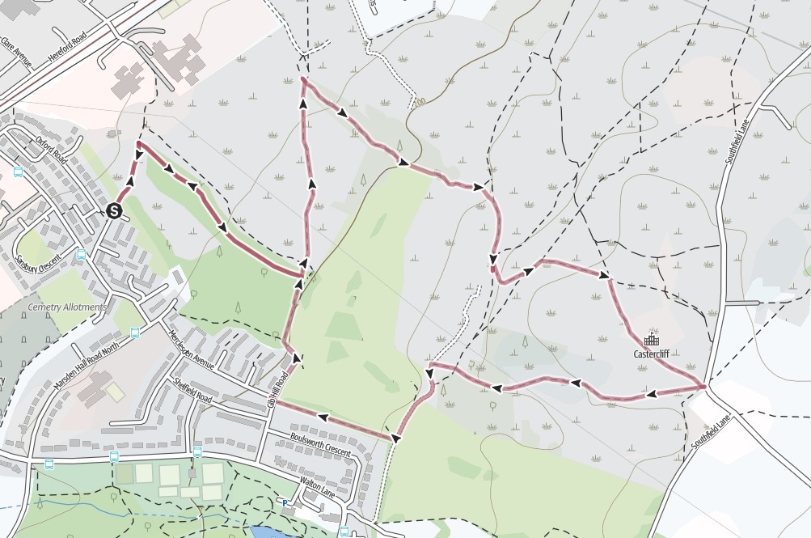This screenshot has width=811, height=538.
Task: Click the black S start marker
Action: pyautogui.click(x=114, y=211)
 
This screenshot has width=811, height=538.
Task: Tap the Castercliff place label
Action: pyautogui.click(x=656, y=354)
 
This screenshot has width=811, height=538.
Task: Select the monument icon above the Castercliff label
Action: pyautogui.click(x=651, y=341)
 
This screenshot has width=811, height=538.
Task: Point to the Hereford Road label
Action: pyautogui.click(x=70, y=48)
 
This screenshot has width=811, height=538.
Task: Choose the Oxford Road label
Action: pyautogui.click(x=50, y=149)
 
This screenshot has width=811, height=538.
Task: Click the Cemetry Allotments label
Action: pyautogui.click(x=67, y=307)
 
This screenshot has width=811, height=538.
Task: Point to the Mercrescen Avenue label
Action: pyautogui.click(x=192, y=349)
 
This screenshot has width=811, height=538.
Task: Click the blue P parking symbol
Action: pyautogui.click(x=285, y=502)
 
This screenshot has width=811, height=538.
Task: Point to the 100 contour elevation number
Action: pyautogui.click(x=418, y=103)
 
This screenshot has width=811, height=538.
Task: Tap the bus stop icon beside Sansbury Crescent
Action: pyautogui.click(x=80, y=254)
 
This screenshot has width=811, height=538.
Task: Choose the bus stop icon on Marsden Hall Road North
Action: pyautogui.click(x=134, y=332)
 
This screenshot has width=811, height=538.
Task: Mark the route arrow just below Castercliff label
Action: pyautogui.click(x=651, y=394)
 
